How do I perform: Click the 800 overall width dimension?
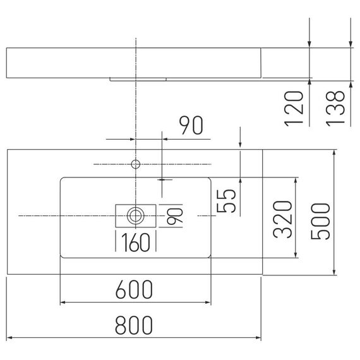click(134, 325)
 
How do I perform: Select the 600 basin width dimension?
click(134, 289)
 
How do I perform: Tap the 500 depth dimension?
click(320, 221)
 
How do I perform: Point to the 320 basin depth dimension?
click(282, 219)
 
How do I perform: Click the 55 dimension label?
click(226, 201)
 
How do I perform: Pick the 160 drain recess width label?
click(136, 243)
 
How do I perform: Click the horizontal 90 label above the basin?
click(191, 125)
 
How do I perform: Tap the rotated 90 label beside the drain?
click(175, 216)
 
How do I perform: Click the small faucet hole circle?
click(136, 164)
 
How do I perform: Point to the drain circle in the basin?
click(136, 216)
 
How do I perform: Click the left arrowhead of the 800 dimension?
click(9, 338)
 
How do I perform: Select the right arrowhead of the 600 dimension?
click(208, 303)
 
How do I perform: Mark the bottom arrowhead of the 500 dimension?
click(334, 272)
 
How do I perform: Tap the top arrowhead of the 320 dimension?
click(296, 181)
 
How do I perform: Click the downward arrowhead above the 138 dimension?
click(351, 45)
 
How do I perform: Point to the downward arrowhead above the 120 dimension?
click(309, 45)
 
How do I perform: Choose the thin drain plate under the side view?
click(138, 80)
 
